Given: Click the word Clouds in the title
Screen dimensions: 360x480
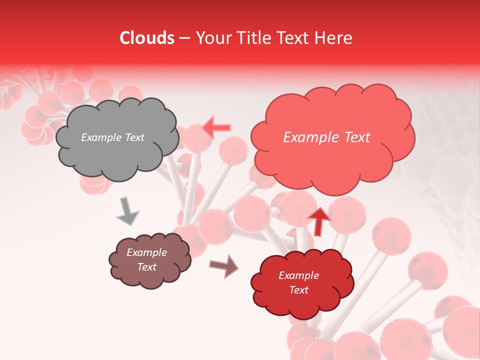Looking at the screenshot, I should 147,38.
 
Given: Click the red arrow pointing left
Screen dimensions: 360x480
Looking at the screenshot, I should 217,127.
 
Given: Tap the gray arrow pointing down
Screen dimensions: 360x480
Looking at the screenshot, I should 127,211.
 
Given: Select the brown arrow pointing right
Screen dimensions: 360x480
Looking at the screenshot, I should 224,265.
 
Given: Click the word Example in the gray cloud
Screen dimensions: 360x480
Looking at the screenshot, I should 101,137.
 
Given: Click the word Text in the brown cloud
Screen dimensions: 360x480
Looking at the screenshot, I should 147,267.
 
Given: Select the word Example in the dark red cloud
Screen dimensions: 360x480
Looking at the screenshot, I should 298,275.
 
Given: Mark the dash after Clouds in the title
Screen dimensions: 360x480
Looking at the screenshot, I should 184,38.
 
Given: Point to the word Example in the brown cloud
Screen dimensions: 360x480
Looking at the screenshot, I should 147,252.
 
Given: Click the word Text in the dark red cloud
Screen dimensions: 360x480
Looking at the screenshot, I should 298,290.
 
